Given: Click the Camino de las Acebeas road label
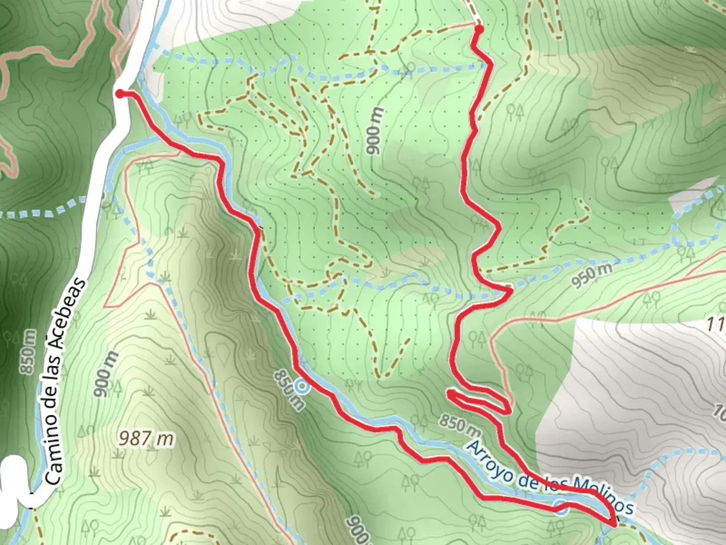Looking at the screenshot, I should pyautogui.click(x=65, y=381).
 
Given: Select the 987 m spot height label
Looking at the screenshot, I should pyautogui.click(x=146, y=438).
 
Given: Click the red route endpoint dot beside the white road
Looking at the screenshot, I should pyautogui.click(x=120, y=93).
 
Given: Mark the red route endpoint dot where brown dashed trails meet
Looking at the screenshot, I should pyautogui.click(x=478, y=29).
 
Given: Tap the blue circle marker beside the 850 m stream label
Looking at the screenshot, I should pyautogui.click(x=302, y=387).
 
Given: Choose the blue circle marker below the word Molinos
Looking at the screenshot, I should pyautogui.click(x=562, y=508).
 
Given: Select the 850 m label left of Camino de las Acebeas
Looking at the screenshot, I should pyautogui.click(x=29, y=352).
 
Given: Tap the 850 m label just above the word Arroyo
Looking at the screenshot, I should pyautogui.click(x=459, y=425).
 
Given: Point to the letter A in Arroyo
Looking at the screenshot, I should pyautogui.click(x=473, y=447).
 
